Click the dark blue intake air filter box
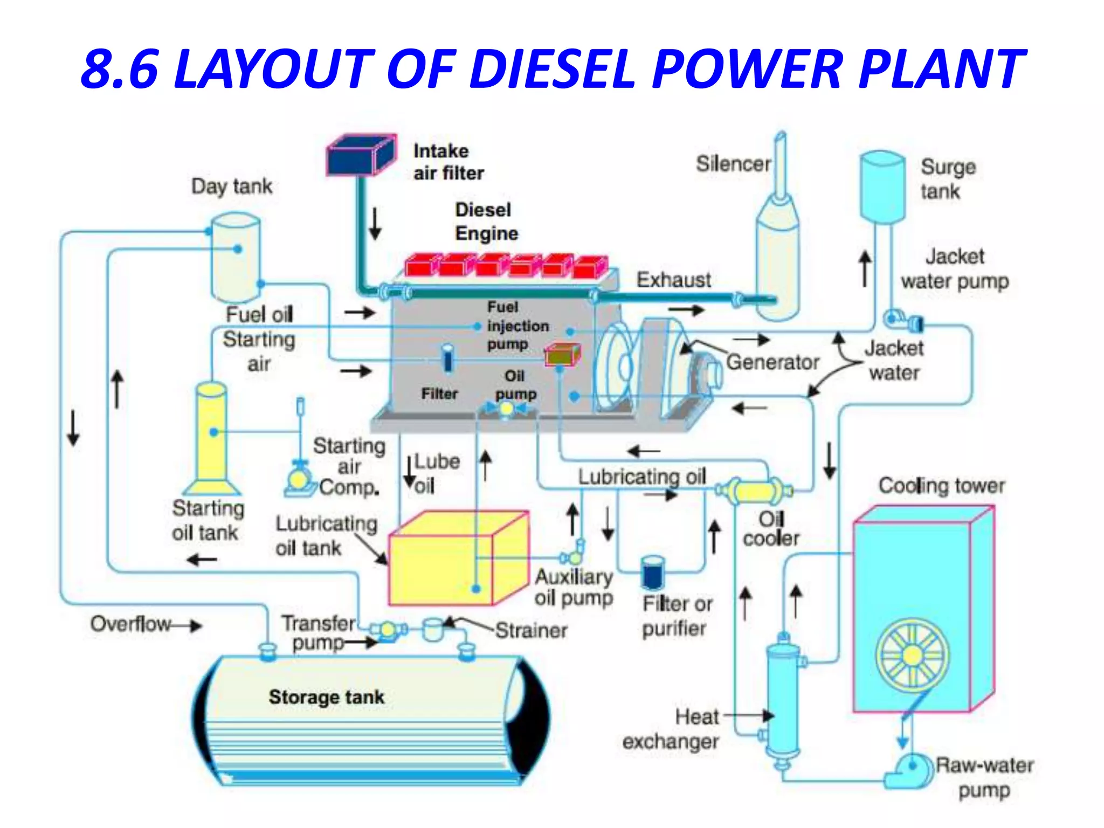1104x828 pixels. tap(360, 156)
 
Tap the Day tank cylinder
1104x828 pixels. tap(236, 259)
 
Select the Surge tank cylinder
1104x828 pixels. tap(882, 186)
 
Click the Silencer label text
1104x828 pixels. tap(733, 164)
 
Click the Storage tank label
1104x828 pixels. tap(327, 697)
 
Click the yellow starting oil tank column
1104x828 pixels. tap(211, 437)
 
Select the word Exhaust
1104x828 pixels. tap(673, 280)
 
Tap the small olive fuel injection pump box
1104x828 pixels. tap(562, 355)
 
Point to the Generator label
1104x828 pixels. tap(772, 362)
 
